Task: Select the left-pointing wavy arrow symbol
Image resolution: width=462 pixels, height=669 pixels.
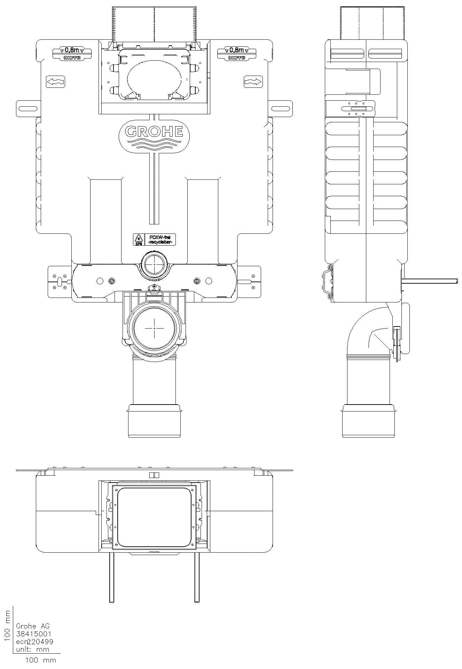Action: point(55,82)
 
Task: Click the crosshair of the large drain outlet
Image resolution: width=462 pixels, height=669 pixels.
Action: point(154,328)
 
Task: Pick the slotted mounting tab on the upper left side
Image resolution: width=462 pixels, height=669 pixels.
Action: point(28,109)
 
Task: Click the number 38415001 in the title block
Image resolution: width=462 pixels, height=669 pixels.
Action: point(34,634)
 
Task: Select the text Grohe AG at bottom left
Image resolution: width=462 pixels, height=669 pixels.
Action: point(33,626)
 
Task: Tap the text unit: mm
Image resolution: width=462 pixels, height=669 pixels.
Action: point(33,649)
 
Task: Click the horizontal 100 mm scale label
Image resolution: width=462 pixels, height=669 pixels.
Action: point(40,660)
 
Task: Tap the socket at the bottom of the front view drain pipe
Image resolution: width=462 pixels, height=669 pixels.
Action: point(154,422)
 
